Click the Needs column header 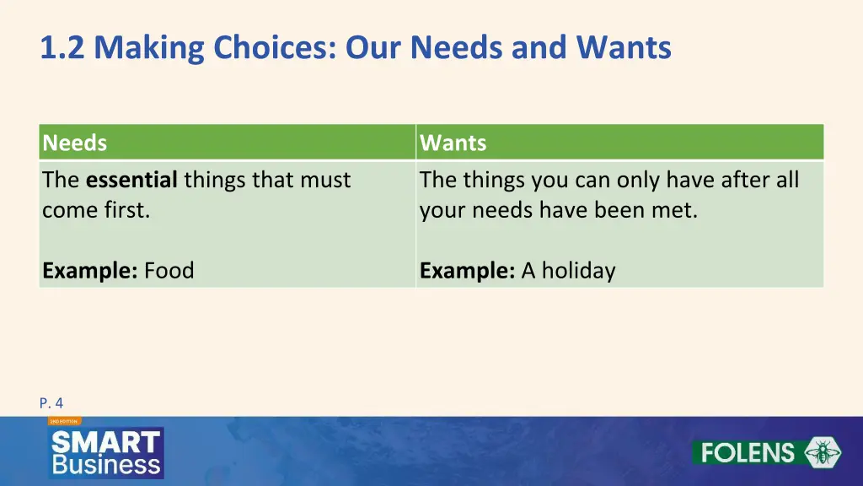(75, 143)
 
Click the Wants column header (453, 143)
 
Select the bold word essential (131, 180)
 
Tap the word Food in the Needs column (169, 271)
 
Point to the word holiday (578, 271)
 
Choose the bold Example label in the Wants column (468, 271)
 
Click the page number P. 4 (51, 403)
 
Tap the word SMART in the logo (105, 442)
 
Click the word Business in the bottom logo (105, 464)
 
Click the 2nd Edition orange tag (63, 420)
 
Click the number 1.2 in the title (63, 48)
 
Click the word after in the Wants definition (741, 180)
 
